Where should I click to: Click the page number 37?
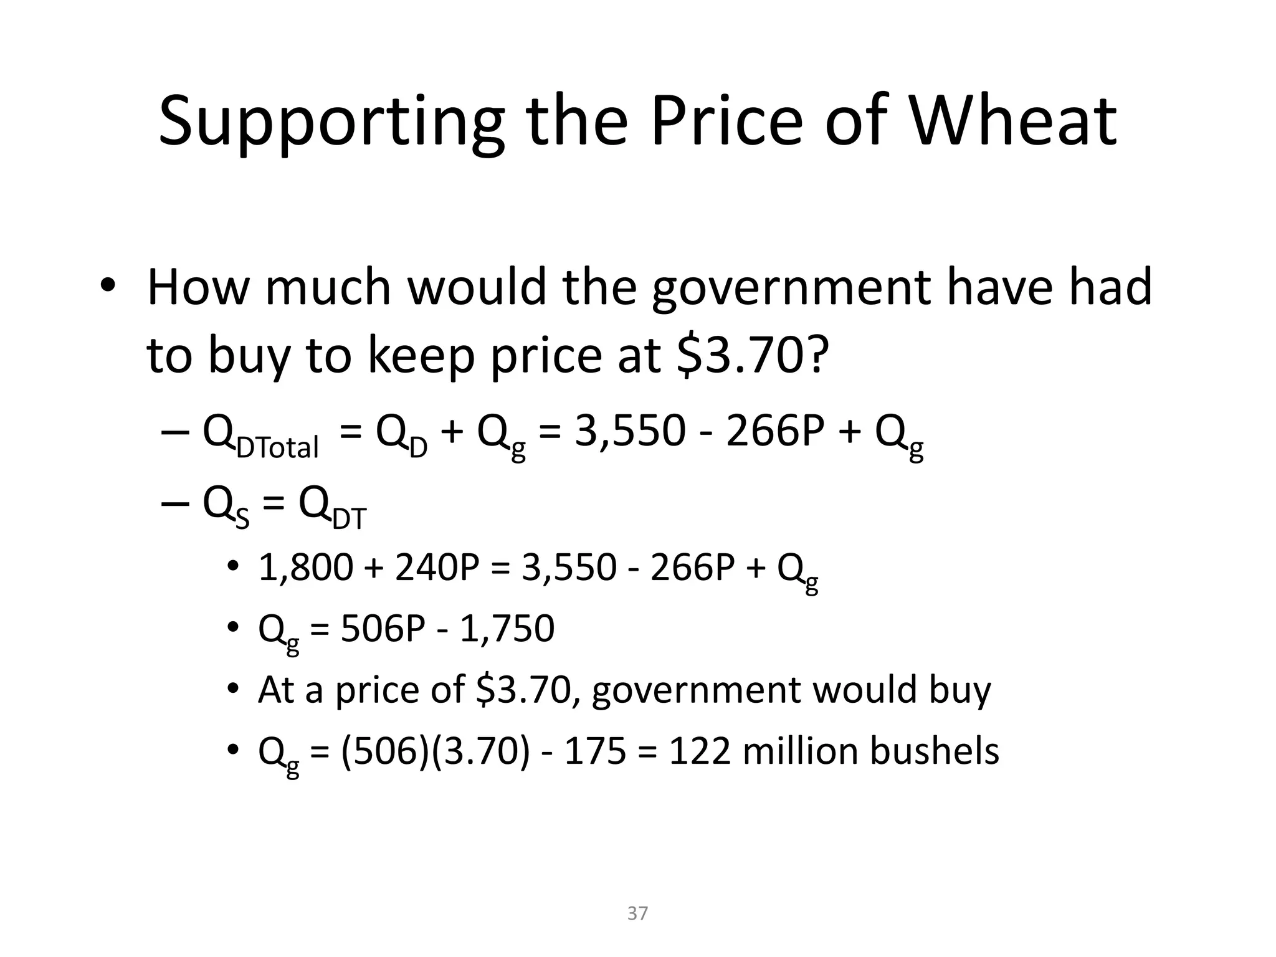pyautogui.click(x=637, y=913)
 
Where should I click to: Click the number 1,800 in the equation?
pyautogui.click(x=305, y=568)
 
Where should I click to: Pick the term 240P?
pyautogui.click(x=436, y=568)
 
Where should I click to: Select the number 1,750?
pyautogui.click(x=507, y=629)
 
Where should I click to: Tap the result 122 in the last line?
pyautogui.click(x=699, y=751)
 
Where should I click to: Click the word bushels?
pyautogui.click(x=934, y=751)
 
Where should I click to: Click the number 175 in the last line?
pyautogui.click(x=594, y=751)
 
